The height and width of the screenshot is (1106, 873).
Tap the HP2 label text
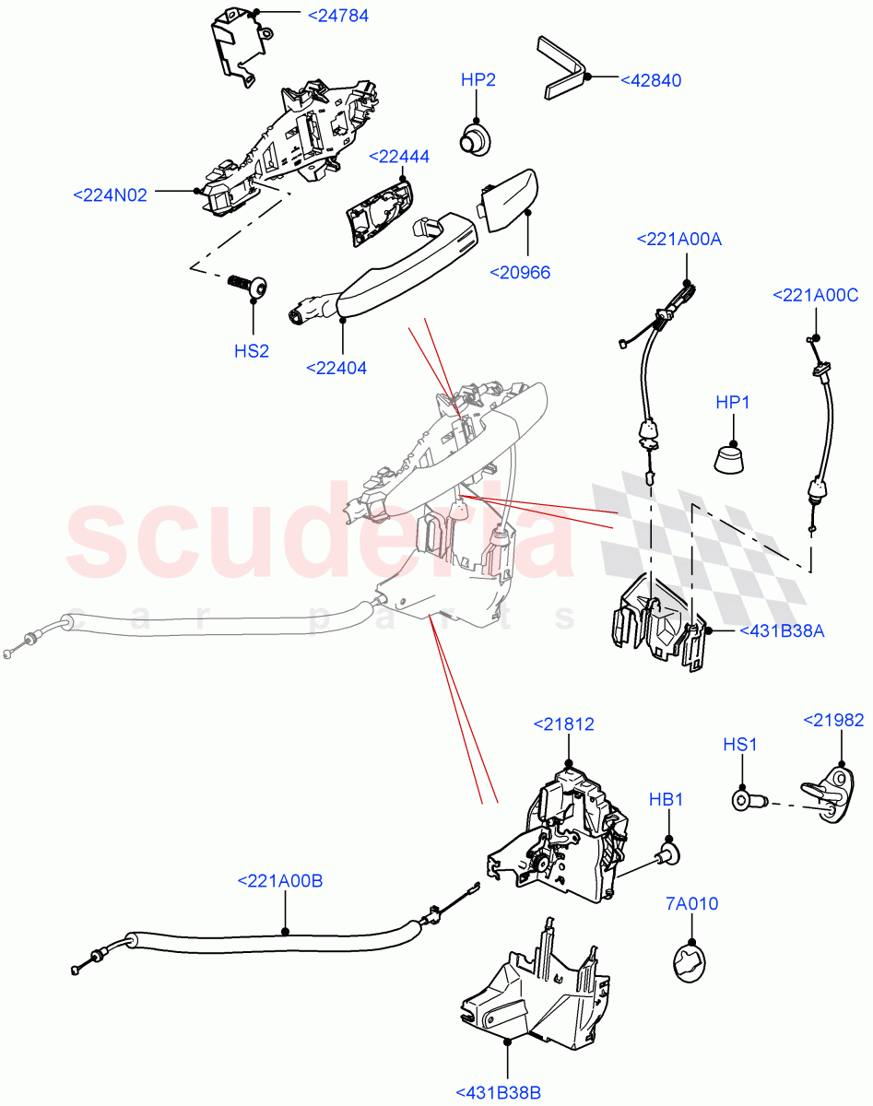coord(478,80)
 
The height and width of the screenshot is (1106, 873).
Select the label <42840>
coord(650,80)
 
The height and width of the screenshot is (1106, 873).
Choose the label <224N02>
coord(110,194)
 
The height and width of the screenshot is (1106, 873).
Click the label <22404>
coord(336,368)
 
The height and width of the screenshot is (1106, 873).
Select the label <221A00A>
coord(678,240)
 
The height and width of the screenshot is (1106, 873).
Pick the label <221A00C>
coord(815,295)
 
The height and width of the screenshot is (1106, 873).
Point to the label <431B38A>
coord(782,631)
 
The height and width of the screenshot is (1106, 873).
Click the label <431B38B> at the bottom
coord(498,1092)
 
